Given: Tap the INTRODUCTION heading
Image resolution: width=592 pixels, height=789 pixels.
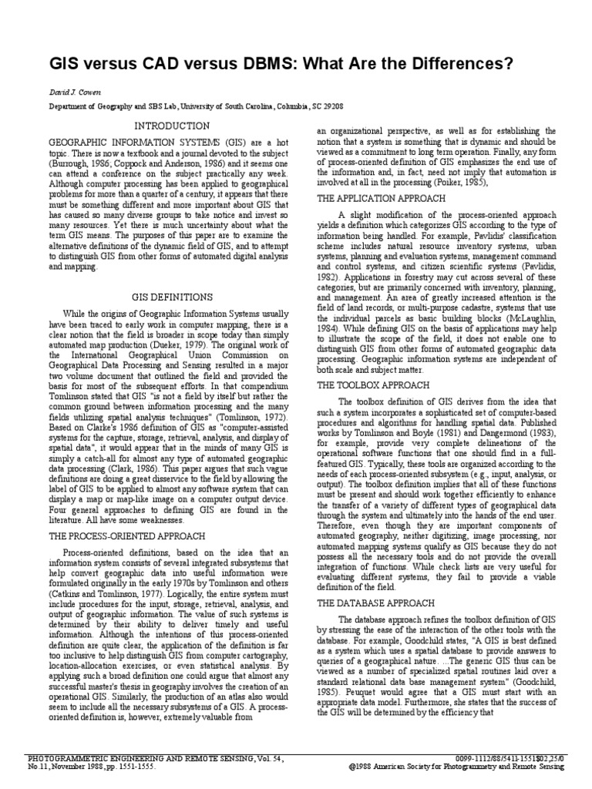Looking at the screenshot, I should (x=171, y=125).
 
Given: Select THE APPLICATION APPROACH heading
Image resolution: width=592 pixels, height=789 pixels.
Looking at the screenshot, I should (x=382, y=198).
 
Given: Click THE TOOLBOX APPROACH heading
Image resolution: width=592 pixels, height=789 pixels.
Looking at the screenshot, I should (x=374, y=384).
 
